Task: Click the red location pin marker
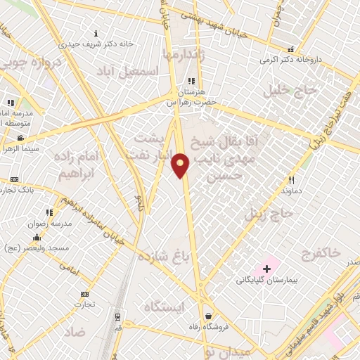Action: click(x=181, y=165)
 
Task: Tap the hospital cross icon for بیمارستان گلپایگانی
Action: click(x=267, y=268)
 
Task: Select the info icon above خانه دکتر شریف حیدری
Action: click(x=96, y=32)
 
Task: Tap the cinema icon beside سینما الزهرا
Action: click(x=22, y=138)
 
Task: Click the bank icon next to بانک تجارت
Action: click(x=15, y=180)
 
